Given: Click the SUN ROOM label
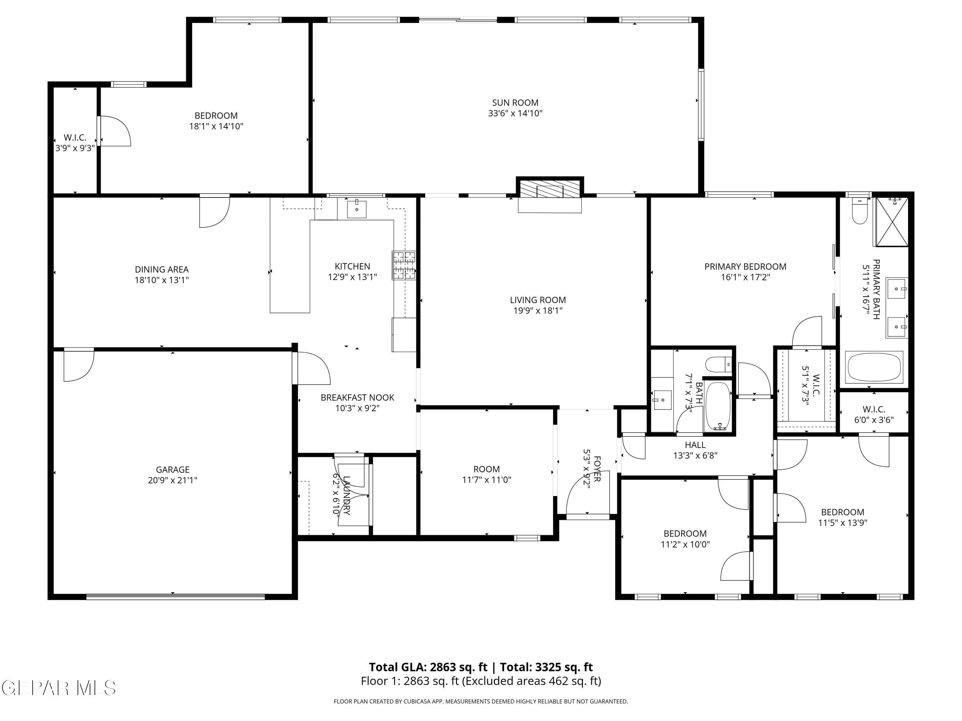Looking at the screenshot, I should pos(515,103).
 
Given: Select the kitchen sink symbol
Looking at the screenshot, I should pos(356,209).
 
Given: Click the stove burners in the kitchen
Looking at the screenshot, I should pos(404,265).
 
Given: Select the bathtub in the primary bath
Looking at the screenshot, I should pos(874,368).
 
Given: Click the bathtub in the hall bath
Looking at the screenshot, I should pos(718,407).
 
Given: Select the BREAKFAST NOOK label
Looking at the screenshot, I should pos(358,398).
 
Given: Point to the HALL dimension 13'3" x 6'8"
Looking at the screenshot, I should pos(695,455).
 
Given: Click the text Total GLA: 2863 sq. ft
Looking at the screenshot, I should pos(428,667).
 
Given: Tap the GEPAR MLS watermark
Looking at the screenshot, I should pos(59,688).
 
